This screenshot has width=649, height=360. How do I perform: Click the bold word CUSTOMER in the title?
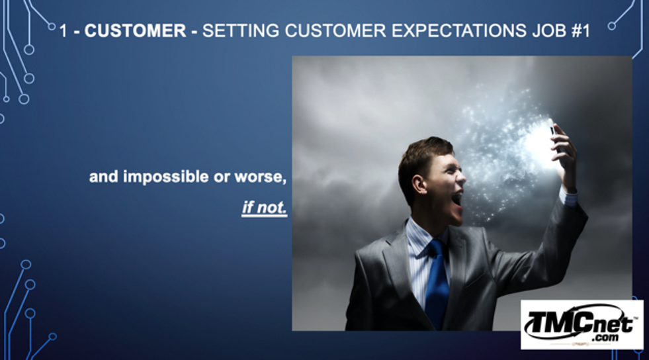tap(136, 30)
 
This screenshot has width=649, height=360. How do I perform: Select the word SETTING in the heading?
tap(240, 30)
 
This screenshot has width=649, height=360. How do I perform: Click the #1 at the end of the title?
tap(580, 30)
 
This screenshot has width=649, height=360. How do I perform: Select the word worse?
tap(261, 177)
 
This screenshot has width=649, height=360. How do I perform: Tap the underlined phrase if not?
tap(265, 207)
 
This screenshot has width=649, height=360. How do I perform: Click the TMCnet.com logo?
tap(582, 325)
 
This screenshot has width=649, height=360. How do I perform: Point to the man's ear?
tap(419, 184)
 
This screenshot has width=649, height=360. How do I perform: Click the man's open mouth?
tap(457, 201)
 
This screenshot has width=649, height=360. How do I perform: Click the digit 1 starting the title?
tap(64, 31)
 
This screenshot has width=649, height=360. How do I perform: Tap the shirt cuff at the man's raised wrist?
tap(569, 197)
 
